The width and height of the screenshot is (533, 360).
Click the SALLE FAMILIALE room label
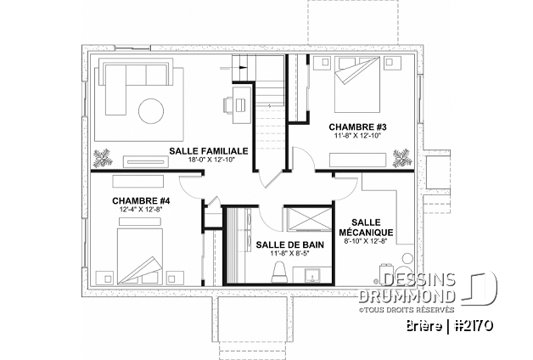(209, 151)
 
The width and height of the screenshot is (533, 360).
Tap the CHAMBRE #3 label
(357, 127)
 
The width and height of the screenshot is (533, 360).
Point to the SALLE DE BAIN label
(290, 245)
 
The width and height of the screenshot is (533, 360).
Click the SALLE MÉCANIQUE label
(366, 228)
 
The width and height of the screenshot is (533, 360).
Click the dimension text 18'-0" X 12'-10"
(212, 160)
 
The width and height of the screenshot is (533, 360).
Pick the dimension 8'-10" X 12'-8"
(366, 241)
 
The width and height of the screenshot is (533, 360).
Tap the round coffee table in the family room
(151, 110)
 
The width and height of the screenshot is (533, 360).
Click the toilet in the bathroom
(280, 272)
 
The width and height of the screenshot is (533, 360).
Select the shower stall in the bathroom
(307, 218)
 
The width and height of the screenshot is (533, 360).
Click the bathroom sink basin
(311, 275)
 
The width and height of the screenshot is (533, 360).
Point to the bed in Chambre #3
(357, 84)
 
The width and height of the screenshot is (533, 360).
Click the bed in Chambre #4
(140, 256)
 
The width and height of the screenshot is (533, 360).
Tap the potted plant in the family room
(102, 158)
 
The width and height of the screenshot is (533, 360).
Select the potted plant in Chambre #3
(403, 158)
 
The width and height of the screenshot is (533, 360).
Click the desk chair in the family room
(228, 104)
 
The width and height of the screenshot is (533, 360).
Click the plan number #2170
(474, 326)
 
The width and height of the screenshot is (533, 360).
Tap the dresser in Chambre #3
(357, 160)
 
